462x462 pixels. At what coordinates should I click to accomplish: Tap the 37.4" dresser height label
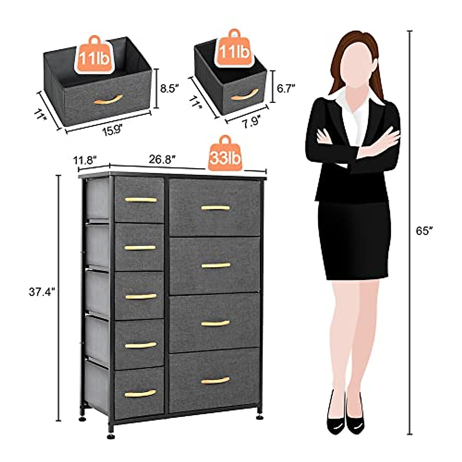point(42,292)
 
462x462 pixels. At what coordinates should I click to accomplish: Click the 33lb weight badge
point(226,157)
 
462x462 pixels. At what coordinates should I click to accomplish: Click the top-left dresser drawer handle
point(141,200)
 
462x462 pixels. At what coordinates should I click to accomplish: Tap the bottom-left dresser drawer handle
point(140,393)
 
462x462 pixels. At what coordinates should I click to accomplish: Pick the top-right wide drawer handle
point(215,208)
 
